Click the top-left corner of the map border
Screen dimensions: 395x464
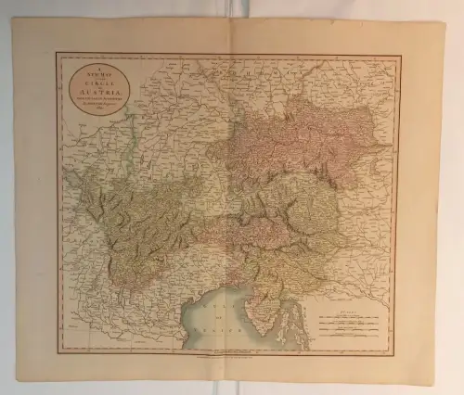pos(58,54)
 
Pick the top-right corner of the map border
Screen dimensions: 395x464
pos(401,56)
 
